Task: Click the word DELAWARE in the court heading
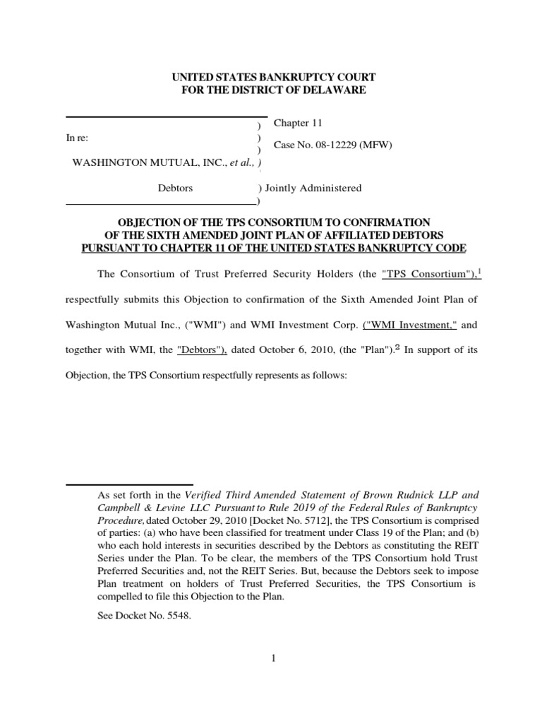coord(331,90)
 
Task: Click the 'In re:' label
coord(77,137)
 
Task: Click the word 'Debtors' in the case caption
coord(175,189)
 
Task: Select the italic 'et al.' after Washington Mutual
coord(241,163)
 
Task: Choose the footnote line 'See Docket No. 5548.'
coord(143,616)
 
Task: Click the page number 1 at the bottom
coord(272,659)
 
